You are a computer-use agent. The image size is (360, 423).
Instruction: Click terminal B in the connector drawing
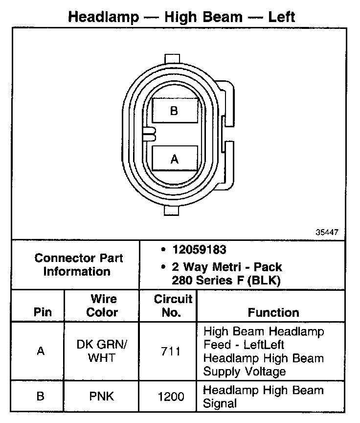click(175, 111)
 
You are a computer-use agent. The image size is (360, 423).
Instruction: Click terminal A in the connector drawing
click(175, 159)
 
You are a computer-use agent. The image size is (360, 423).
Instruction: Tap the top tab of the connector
click(174, 58)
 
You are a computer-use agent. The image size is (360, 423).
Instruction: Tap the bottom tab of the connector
click(174, 210)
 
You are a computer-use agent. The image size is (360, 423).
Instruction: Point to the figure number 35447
click(326, 233)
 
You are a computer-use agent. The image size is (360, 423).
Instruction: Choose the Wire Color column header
click(103, 305)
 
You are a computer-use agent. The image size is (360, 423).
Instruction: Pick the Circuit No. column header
click(171, 305)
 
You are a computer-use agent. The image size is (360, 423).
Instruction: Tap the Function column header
click(273, 312)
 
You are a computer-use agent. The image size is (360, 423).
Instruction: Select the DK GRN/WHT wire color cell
click(102, 351)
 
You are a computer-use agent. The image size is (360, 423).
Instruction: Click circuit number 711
click(171, 352)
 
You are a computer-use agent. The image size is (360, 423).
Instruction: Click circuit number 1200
click(171, 397)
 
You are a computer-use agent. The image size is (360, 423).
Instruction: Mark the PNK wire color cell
click(102, 397)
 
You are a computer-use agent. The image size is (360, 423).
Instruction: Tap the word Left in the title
click(281, 17)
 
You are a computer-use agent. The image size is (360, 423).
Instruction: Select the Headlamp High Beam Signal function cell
click(263, 397)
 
